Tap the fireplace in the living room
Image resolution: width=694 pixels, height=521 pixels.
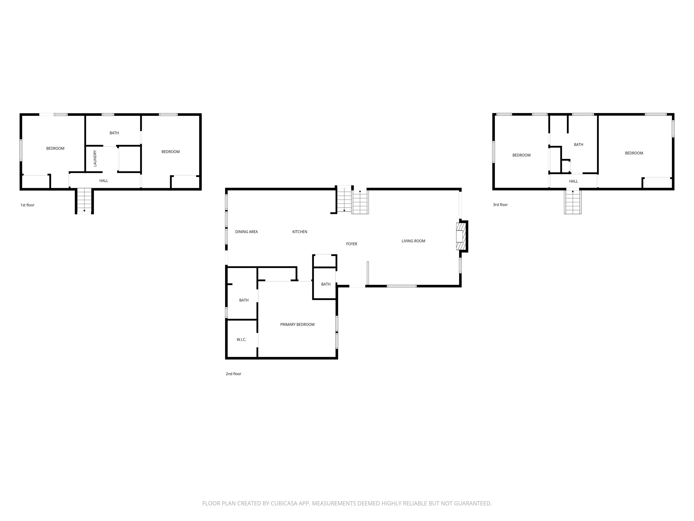click(462, 236)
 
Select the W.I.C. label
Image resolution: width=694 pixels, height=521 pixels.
click(241, 339)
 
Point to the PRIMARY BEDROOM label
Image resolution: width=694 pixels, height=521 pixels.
click(297, 324)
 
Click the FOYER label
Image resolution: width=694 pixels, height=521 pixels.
click(351, 244)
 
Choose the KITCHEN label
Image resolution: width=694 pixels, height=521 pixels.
click(300, 232)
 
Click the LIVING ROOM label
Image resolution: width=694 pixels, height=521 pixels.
click(413, 241)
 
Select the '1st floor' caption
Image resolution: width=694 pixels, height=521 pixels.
click(27, 205)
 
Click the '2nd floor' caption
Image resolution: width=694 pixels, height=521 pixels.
click(233, 374)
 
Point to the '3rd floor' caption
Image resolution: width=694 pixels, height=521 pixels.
click(500, 205)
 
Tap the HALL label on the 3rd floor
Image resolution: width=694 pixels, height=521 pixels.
click(573, 181)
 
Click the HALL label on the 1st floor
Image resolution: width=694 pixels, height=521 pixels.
click(103, 181)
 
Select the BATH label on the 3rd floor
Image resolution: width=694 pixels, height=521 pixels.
click(579, 144)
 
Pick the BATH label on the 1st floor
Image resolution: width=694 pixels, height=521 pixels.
click(114, 133)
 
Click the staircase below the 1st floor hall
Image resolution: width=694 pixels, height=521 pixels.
click(84, 201)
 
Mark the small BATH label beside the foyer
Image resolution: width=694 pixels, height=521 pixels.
click(326, 284)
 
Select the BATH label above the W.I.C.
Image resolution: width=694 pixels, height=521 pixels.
click(244, 300)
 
